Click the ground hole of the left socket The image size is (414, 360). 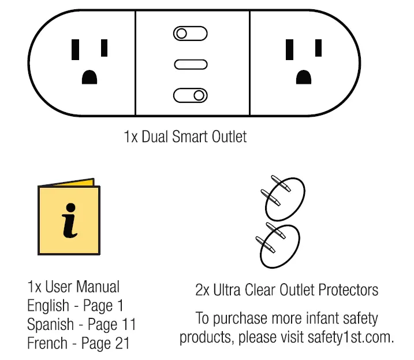pyautogui.click(x=89, y=77)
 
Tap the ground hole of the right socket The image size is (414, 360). pyautogui.click(x=304, y=77)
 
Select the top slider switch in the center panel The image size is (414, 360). pyautogui.click(x=190, y=34)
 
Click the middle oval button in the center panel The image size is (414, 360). pyautogui.click(x=190, y=64)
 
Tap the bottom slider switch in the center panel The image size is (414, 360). pyautogui.click(x=190, y=95)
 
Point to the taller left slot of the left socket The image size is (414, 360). pyautogui.click(x=75, y=50)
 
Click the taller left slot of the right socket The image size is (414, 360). pyautogui.click(x=290, y=50)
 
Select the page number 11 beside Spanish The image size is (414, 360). pyautogui.click(x=128, y=324)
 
